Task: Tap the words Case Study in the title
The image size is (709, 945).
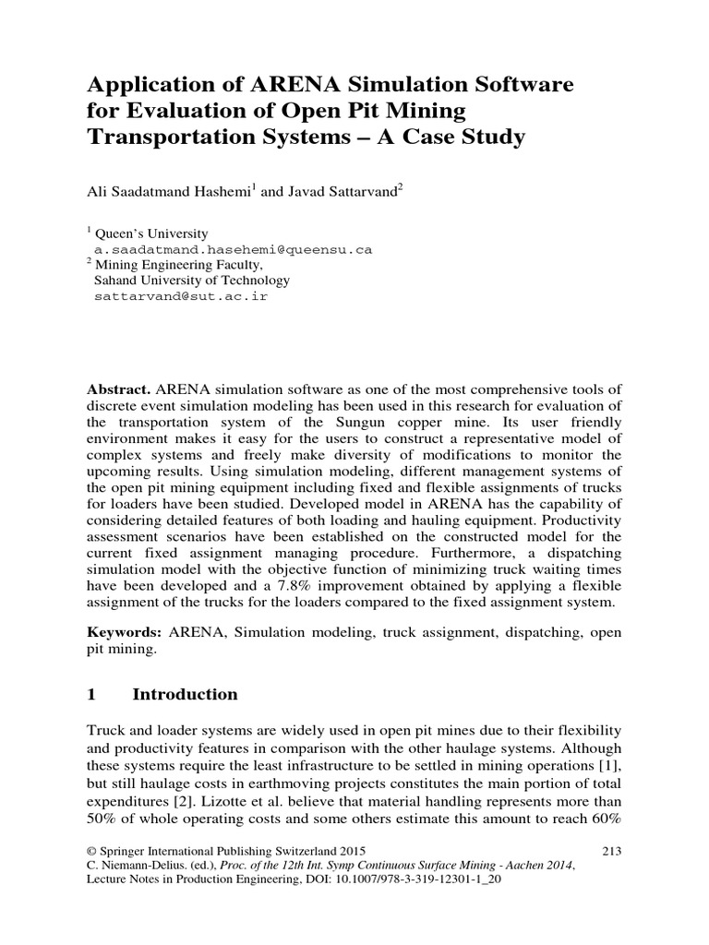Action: tap(467, 138)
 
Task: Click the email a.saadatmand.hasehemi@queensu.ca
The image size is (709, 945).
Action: tap(233, 250)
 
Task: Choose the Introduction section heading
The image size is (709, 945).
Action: tap(185, 694)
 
